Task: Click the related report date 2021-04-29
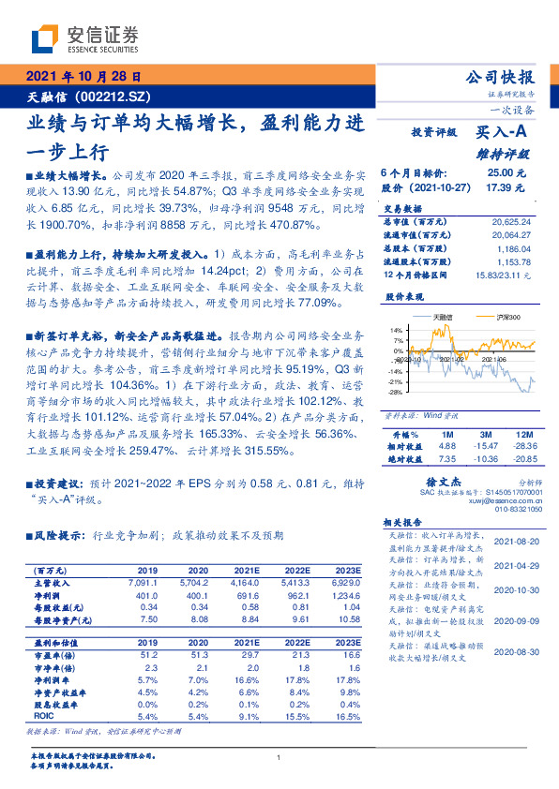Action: tap(516, 566)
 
